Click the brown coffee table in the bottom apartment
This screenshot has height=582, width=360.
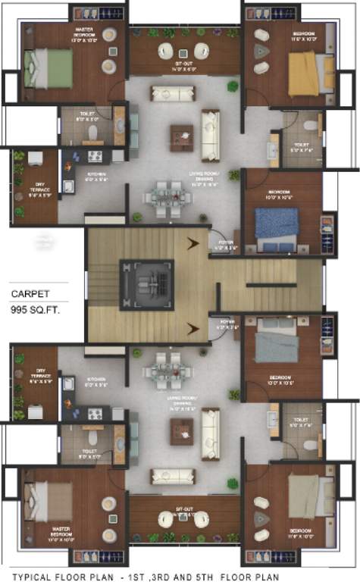point(182,430)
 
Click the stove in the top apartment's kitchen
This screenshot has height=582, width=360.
point(96,157)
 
